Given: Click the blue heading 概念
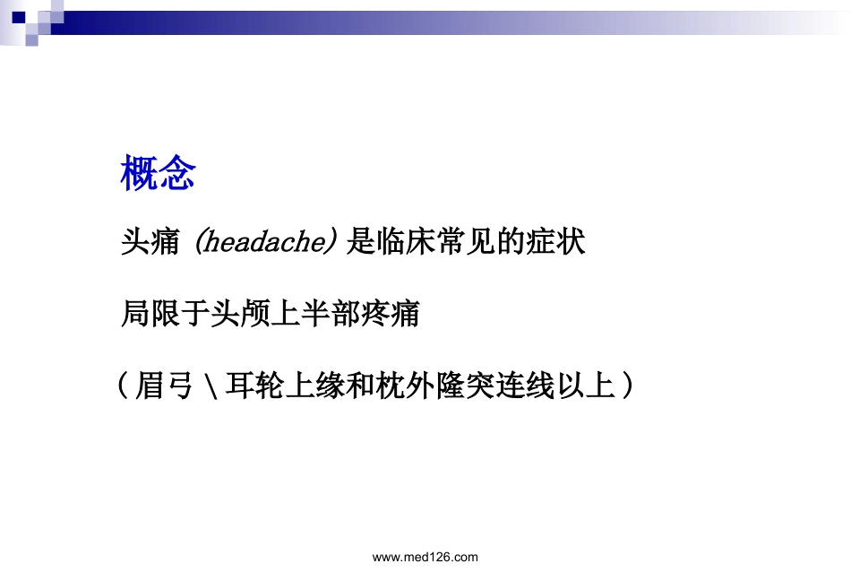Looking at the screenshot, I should tap(158, 174).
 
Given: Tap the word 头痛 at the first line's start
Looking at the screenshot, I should tap(150, 242).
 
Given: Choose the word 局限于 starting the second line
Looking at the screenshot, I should tap(165, 315).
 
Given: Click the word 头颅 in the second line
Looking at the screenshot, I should tap(240, 315).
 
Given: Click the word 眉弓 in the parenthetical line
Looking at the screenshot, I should tap(166, 387).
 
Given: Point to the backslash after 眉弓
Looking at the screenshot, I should tap(210, 388).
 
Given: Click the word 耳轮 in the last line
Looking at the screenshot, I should tap(255, 387).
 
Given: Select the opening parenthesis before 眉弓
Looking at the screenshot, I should tap(123, 387).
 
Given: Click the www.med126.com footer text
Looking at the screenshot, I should tap(425, 557).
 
